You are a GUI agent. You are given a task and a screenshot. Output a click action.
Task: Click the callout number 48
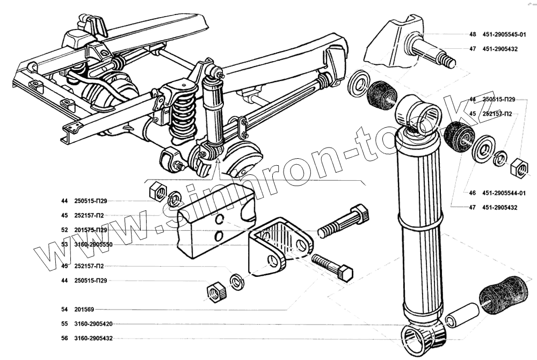coord(473,34)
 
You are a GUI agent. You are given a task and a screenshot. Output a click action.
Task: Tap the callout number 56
coord(64,338)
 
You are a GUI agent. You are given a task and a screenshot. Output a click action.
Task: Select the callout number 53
coord(64,245)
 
